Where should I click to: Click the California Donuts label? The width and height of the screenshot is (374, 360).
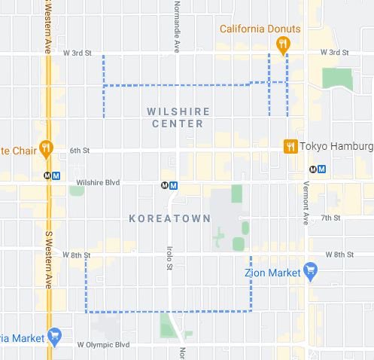pyautogui.click(x=260, y=29)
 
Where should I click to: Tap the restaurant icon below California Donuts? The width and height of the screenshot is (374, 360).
pyautogui.click(x=283, y=46)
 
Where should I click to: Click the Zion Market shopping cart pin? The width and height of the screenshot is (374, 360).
pyautogui.click(x=310, y=271)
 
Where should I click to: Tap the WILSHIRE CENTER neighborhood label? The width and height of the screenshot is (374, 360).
pyautogui.click(x=178, y=117)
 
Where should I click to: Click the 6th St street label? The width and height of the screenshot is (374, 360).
pyautogui.click(x=80, y=151)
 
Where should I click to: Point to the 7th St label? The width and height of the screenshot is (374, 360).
pyautogui.click(x=330, y=218)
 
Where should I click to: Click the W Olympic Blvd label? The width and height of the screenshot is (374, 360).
pyautogui.click(x=104, y=345)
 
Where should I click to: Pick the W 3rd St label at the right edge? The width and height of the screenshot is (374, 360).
pyautogui.click(x=334, y=53)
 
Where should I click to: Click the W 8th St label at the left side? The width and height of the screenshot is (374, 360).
pyautogui.click(x=76, y=255)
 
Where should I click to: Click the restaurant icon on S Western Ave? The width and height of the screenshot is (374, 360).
pyautogui.click(x=46, y=148)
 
